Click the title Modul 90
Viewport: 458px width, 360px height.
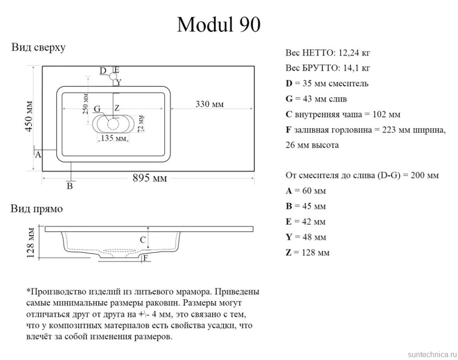tap(219, 25)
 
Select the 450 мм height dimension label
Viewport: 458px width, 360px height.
tap(29, 116)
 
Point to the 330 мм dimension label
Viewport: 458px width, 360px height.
tap(210, 104)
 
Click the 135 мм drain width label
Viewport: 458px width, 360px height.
tap(114, 138)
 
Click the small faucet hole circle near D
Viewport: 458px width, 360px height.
tap(113, 75)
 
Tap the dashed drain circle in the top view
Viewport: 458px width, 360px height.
tap(113, 124)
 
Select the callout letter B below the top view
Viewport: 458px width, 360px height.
tap(69, 186)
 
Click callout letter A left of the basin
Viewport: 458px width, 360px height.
tap(38, 154)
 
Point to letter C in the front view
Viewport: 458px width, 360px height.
tap(142, 240)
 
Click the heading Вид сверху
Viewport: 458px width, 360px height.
tap(38, 48)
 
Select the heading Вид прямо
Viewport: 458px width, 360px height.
tap(37, 209)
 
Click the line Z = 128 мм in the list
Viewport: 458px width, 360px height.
tap(307, 252)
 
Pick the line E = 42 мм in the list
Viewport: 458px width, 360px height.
tap(305, 221)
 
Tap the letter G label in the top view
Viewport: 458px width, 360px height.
tap(97, 109)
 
